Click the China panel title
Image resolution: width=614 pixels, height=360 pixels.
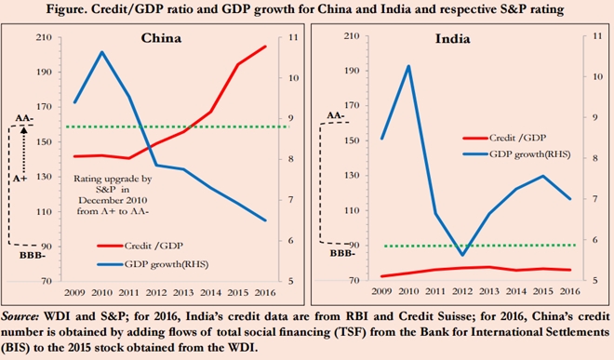click(x=160, y=40)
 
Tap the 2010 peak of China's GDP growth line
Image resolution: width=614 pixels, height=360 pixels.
click(x=101, y=52)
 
